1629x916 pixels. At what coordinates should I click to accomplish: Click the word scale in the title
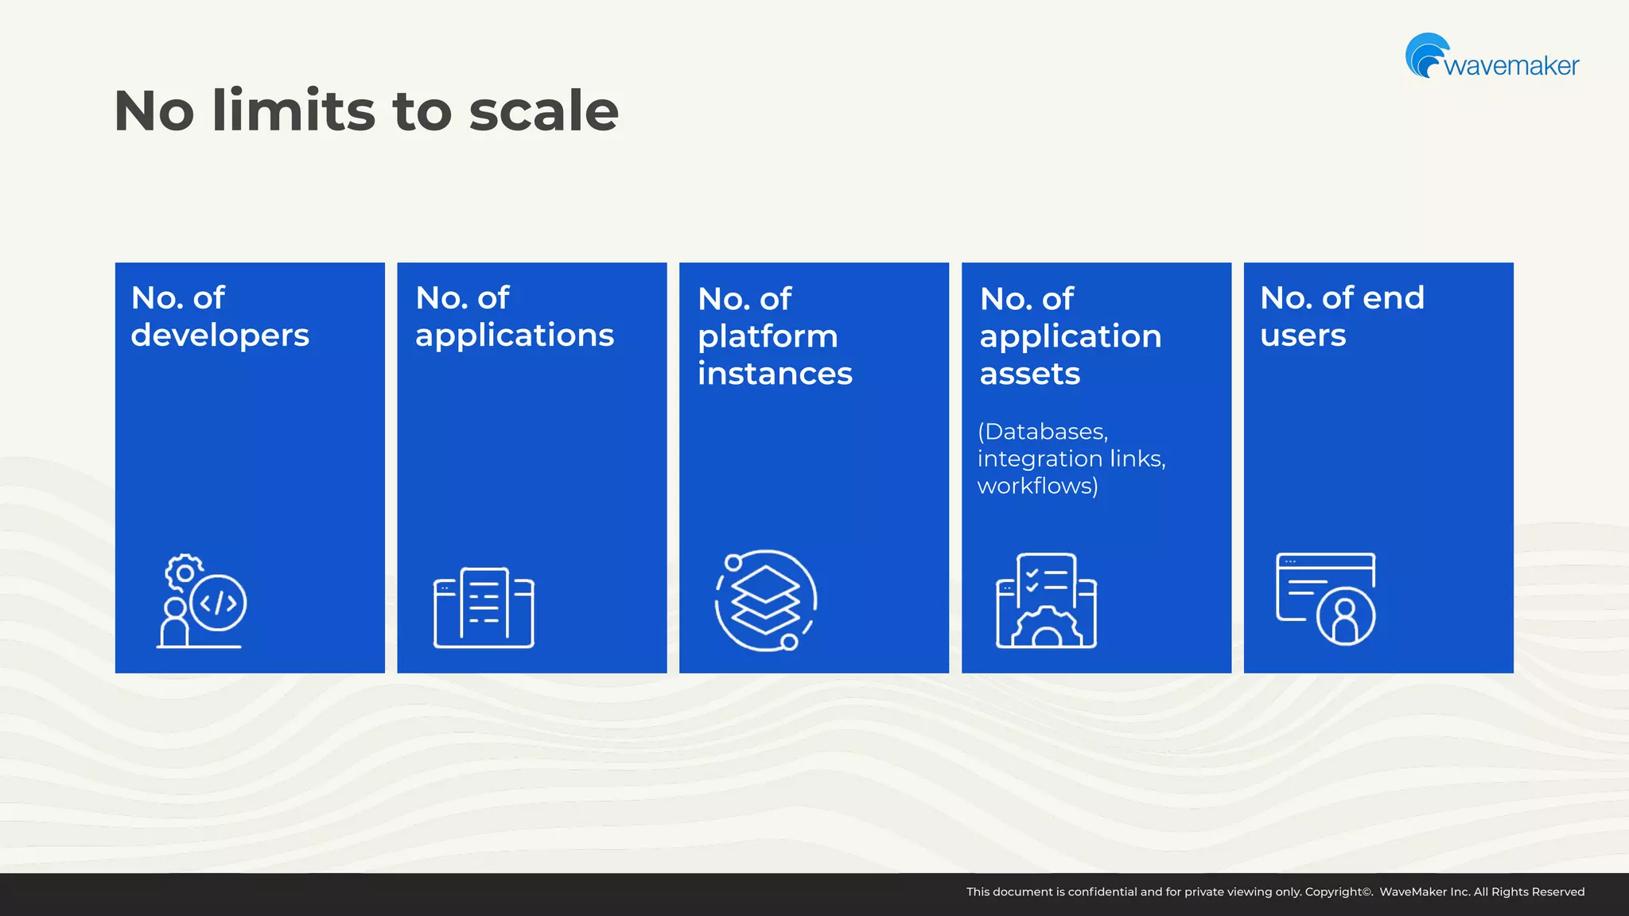pyautogui.click(x=543, y=111)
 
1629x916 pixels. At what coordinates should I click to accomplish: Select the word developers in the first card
pyautogui.click(x=220, y=336)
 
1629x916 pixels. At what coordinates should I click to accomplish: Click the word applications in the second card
pyautogui.click(x=515, y=336)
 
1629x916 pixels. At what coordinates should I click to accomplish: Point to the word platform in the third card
pyautogui.click(x=768, y=336)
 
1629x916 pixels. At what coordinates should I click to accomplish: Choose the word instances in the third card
pyautogui.click(x=775, y=374)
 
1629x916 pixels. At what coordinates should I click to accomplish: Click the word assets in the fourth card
pyautogui.click(x=1029, y=374)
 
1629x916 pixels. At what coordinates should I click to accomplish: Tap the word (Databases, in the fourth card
pyautogui.click(x=1042, y=432)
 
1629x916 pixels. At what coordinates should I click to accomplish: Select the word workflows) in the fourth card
pyautogui.click(x=1037, y=486)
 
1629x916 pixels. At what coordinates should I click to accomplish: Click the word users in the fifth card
pyautogui.click(x=1303, y=336)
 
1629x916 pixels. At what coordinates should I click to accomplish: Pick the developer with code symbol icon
pyautogui.click(x=202, y=601)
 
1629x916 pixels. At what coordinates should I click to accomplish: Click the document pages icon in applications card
pyautogui.click(x=484, y=607)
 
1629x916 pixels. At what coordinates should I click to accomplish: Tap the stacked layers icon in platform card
pyautogui.click(x=765, y=600)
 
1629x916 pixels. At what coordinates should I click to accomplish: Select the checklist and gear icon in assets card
pyautogui.click(x=1046, y=600)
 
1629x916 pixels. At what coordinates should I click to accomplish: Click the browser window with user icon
pyautogui.click(x=1326, y=599)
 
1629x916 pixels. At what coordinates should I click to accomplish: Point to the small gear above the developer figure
pyautogui.click(x=184, y=572)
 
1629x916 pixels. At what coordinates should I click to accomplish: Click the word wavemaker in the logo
pyautogui.click(x=1511, y=66)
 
